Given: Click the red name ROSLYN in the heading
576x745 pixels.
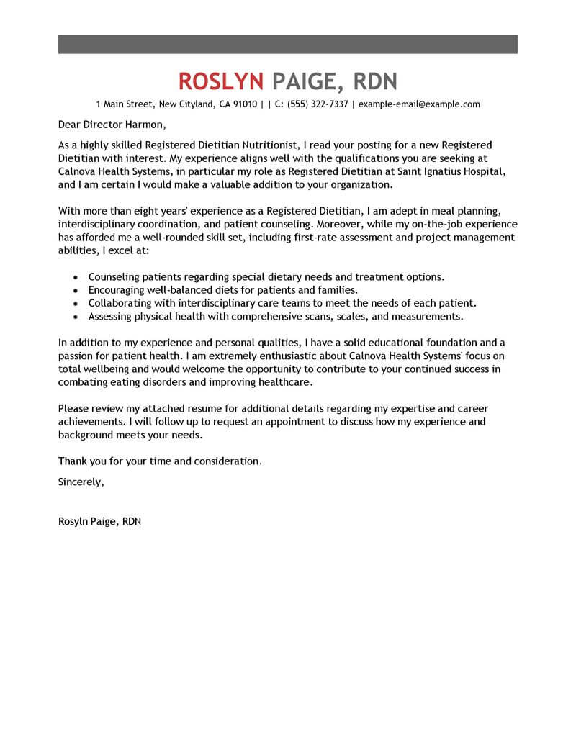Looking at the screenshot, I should (x=221, y=80).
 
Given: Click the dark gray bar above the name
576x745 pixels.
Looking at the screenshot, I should (x=287, y=43).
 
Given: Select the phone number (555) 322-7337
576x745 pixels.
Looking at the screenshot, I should (x=318, y=104).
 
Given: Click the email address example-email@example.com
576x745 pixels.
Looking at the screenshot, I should (x=419, y=104).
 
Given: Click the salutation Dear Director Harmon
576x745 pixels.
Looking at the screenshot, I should (x=106, y=124).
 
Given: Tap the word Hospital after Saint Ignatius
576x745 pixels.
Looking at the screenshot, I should (x=495, y=171).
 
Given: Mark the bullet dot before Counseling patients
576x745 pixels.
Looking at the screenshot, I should (x=76, y=277).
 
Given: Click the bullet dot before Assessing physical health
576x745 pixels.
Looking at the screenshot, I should (x=76, y=317).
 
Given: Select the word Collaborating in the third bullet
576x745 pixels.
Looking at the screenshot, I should (x=120, y=303).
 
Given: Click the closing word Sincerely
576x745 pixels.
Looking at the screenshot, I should (x=81, y=482).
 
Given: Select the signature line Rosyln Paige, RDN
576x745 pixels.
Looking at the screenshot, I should (x=99, y=521).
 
